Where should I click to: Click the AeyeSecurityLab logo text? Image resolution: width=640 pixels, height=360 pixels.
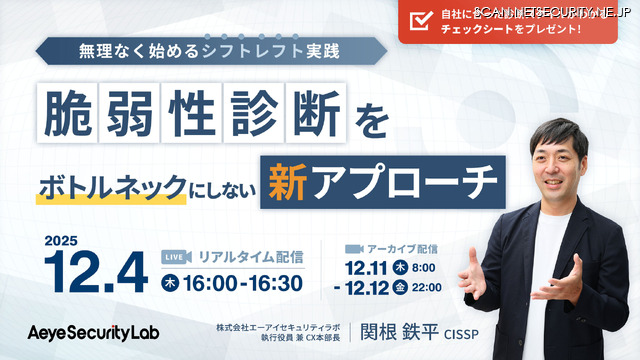pyautogui.click(x=92, y=330)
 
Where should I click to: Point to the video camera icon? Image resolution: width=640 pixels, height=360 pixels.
pyautogui.click(x=351, y=248)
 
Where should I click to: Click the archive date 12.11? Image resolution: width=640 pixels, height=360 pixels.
pyautogui.click(x=368, y=268)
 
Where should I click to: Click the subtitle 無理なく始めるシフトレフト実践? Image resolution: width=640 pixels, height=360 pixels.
pyautogui.click(x=211, y=49)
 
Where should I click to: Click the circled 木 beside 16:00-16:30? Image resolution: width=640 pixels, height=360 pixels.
pyautogui.click(x=173, y=283)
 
